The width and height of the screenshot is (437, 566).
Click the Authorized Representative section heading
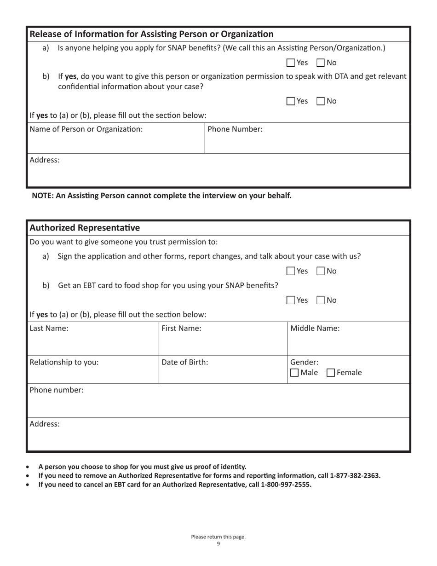[x=85, y=228]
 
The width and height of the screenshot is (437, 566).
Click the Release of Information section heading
[x=151, y=34]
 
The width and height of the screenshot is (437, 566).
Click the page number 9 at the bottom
[x=218, y=544]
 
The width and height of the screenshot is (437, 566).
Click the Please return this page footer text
[x=218, y=537]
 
